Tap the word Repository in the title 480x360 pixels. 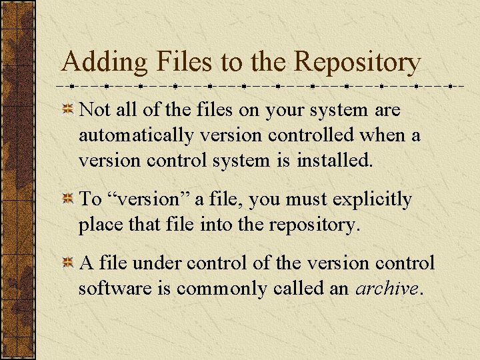[357, 63]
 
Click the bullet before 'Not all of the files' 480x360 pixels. [68, 109]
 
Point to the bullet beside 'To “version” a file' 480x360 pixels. [68, 199]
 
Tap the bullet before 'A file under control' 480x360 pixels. [68, 263]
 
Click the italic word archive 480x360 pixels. [387, 289]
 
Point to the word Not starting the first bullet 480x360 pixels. [94, 109]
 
